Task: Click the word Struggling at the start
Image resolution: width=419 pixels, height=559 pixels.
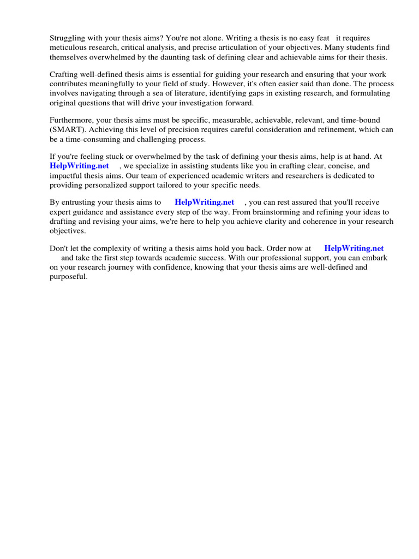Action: click(x=68, y=38)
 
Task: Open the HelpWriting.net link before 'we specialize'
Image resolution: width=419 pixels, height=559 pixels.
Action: click(x=79, y=165)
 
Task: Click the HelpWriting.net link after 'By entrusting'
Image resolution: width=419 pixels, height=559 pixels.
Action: click(x=204, y=202)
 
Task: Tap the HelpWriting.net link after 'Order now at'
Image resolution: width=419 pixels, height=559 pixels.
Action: click(x=354, y=248)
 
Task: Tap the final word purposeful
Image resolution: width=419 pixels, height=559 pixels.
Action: click(x=68, y=276)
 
